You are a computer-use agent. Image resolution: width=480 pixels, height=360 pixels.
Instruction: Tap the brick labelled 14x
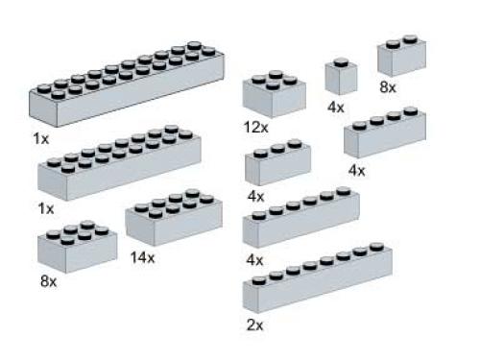point(167,222)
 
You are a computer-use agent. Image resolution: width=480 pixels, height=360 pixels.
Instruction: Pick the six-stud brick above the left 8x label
point(77,247)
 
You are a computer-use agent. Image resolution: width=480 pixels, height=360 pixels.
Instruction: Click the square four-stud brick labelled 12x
point(275,94)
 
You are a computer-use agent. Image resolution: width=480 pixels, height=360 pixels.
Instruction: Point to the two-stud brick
point(401,58)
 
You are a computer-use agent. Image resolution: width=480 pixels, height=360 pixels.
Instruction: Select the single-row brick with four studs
point(385,134)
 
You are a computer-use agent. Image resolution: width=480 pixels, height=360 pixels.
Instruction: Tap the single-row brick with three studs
point(277,163)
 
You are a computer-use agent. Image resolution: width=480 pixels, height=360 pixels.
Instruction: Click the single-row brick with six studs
point(300,218)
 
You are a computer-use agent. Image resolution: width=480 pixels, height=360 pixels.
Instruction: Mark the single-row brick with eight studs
point(317,278)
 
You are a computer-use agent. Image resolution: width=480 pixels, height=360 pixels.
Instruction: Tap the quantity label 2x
point(254,324)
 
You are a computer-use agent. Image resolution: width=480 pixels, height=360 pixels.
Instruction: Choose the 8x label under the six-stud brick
point(48,282)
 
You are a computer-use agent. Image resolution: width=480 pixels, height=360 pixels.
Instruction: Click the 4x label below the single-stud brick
point(335,108)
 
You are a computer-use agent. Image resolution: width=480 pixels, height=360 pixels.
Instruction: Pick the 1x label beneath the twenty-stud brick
point(40,139)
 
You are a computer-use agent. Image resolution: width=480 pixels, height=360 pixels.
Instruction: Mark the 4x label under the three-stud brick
point(254,197)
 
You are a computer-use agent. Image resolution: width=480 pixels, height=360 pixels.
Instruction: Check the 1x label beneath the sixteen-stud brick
point(46,208)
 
